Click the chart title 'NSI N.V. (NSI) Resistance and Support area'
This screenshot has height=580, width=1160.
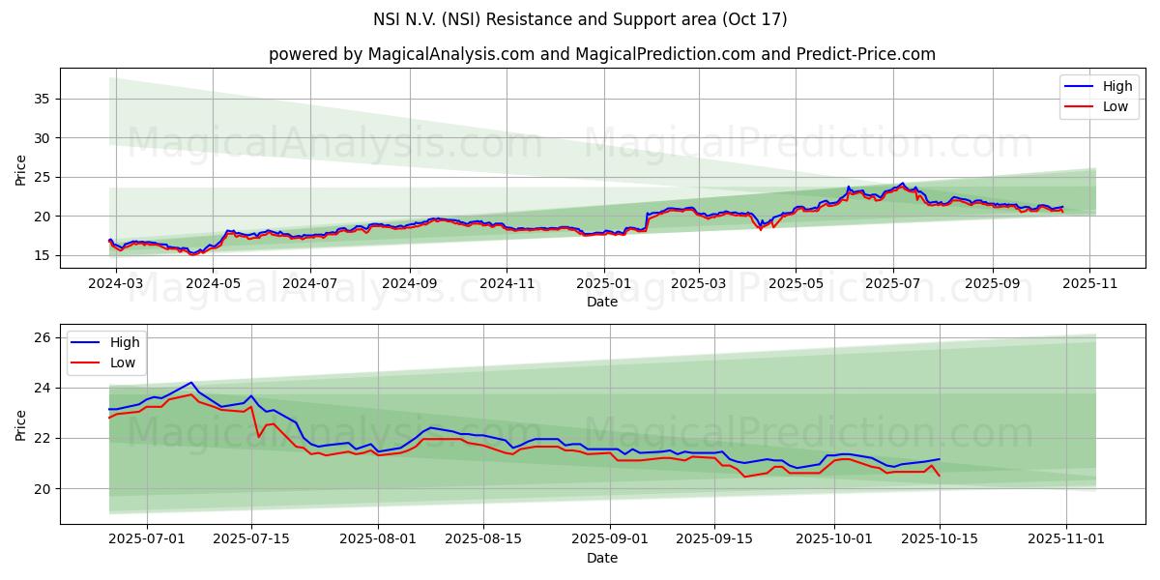[580, 19]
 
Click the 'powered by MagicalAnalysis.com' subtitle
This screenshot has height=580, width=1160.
[601, 54]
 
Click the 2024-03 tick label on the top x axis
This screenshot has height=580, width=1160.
[117, 284]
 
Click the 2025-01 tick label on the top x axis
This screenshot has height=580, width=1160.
[603, 284]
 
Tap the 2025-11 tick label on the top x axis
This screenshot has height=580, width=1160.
[1089, 284]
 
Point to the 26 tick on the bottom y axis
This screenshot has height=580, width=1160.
[43, 337]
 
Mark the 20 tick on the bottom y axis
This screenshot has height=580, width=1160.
[43, 488]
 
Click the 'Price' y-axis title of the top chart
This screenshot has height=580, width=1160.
[21, 169]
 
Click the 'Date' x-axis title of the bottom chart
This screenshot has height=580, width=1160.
[602, 558]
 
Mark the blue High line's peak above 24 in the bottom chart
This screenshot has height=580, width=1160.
[191, 383]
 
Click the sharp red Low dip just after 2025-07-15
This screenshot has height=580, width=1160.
[259, 436]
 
